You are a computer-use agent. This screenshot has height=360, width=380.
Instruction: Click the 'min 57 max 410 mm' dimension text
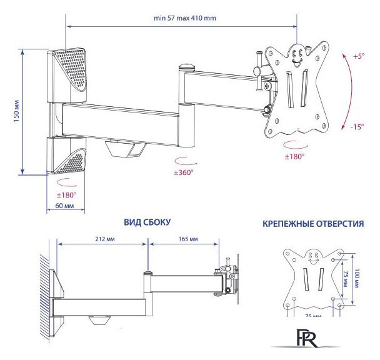pyautogui.click(x=185, y=18)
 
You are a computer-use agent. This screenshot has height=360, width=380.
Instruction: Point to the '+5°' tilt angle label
pyautogui.click(x=357, y=56)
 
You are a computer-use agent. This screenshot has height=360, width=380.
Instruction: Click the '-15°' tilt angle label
pyautogui.click(x=357, y=127)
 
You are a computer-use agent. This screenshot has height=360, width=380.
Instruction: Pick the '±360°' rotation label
pyautogui.click(x=184, y=171)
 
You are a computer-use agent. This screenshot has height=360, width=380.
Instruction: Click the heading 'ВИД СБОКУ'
pyautogui.click(x=147, y=222)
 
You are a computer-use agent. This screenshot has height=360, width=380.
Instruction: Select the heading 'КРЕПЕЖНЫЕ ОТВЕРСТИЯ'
pyautogui.click(x=312, y=223)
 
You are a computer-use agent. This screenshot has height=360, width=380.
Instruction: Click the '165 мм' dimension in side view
pyautogui.click(x=188, y=239)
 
